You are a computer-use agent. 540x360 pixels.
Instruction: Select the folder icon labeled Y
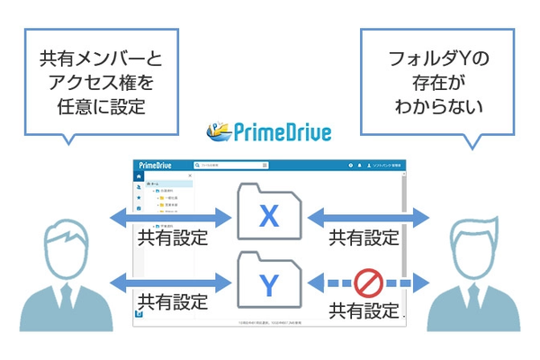click(269, 283)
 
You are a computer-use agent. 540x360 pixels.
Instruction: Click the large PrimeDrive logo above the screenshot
click(269, 133)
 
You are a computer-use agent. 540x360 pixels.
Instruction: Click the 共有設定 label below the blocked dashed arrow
click(364, 311)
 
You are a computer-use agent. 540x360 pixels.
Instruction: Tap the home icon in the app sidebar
click(139, 177)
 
